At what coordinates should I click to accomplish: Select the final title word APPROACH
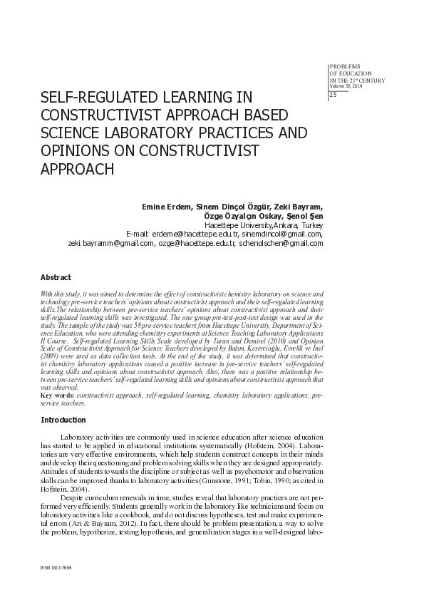click(x=78, y=169)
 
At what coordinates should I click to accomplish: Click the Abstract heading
click(x=56, y=276)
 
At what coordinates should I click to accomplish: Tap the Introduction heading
click(x=63, y=420)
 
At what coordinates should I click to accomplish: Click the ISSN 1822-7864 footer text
click(x=58, y=569)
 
